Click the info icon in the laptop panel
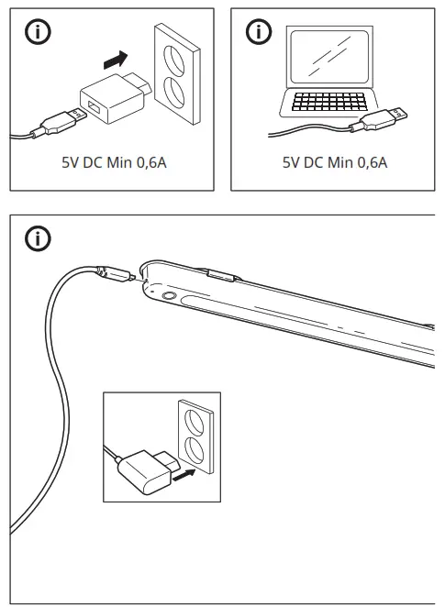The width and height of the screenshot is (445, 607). coord(261,34)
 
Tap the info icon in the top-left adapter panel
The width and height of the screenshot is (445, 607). coord(38,34)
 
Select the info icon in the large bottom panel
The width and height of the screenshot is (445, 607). coord(38,241)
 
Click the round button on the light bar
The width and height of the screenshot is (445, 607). coord(170,296)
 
